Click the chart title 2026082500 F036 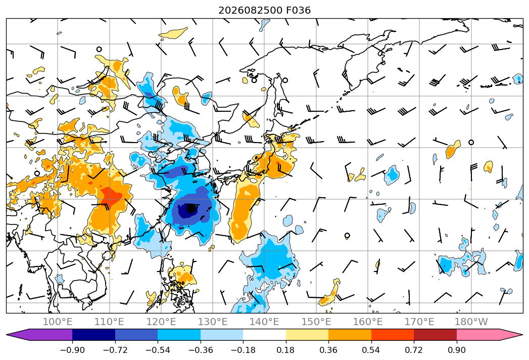click(265, 10)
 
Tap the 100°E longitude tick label click(58, 322)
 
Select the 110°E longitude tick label click(109, 322)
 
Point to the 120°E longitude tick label click(161, 322)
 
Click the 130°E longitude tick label click(213, 322)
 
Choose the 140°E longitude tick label click(264, 322)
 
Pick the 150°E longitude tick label click(316, 322)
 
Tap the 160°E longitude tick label click(368, 322)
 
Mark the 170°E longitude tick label click(419, 322)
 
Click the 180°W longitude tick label click(471, 322)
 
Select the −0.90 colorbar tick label click(72, 350)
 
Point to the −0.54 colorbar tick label click(158, 350)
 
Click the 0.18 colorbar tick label click(286, 350)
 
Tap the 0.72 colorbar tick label click(414, 350)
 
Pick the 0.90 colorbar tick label click(456, 350)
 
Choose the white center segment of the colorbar click(265, 335)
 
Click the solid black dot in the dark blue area click(191, 208)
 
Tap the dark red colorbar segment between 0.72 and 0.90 click(435, 335)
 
